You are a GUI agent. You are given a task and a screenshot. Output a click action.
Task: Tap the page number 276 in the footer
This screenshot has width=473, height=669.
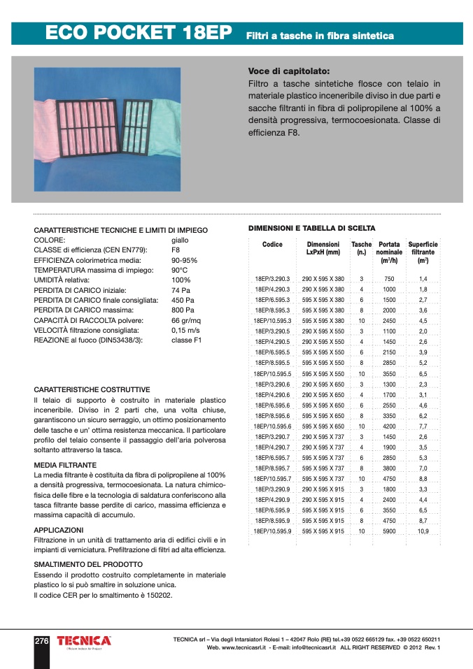click(x=41, y=641)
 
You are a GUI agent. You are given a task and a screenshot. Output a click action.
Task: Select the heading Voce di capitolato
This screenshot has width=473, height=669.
click(x=289, y=71)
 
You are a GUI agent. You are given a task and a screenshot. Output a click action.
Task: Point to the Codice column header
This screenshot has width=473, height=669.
click(x=272, y=245)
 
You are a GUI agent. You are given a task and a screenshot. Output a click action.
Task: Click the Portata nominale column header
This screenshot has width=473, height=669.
click(x=389, y=252)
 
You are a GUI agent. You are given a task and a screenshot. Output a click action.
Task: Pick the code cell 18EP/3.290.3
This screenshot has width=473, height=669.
click(x=272, y=278)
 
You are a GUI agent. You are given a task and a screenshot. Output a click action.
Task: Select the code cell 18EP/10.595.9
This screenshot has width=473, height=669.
click(x=272, y=531)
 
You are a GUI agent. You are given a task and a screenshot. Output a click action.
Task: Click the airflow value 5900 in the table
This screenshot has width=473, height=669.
click(x=389, y=531)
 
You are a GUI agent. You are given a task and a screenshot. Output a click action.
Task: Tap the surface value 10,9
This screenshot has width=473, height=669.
click(x=423, y=531)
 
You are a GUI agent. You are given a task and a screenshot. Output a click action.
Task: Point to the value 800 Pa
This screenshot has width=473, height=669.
click(x=183, y=310)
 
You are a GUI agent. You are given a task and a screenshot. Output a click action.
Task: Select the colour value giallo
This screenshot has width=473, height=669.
click(x=180, y=240)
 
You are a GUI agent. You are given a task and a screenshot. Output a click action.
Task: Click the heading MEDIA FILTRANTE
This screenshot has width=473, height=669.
click(x=65, y=465)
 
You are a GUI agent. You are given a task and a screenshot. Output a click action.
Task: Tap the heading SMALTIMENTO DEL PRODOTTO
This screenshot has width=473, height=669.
click(x=88, y=564)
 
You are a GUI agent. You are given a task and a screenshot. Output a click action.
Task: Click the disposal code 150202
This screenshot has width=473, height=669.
click(x=158, y=596)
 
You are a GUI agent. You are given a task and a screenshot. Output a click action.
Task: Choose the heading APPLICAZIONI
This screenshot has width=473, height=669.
click(x=59, y=530)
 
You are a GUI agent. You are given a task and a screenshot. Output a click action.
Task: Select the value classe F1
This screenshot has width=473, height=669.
click(x=186, y=340)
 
